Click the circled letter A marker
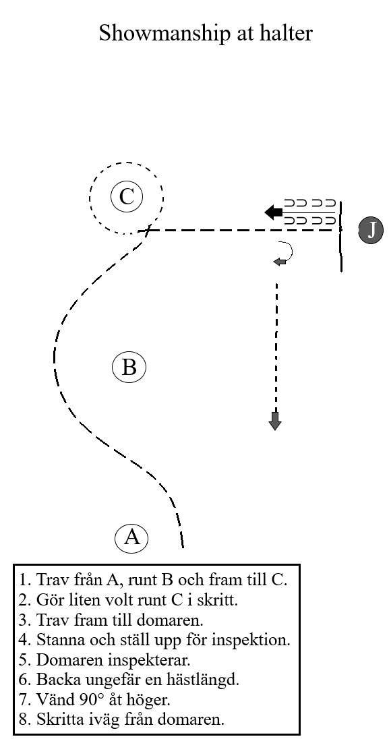click(x=131, y=538)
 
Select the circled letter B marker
click(x=129, y=367)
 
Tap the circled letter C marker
click(x=126, y=196)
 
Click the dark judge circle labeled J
click(x=371, y=231)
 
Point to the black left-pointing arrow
click(x=274, y=212)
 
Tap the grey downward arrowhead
click(x=275, y=421)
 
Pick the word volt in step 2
click(x=130, y=599)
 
